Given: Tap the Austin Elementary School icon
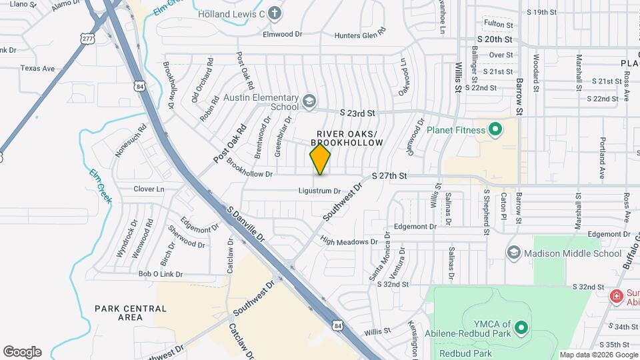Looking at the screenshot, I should pyautogui.click(x=309, y=101).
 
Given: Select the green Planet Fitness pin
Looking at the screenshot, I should pyautogui.click(x=495, y=129).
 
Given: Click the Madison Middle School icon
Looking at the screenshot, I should pyautogui.click(x=513, y=253).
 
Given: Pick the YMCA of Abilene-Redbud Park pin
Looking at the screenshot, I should pyautogui.click(x=521, y=327).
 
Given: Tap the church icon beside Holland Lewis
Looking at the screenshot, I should pyautogui.click(x=274, y=13).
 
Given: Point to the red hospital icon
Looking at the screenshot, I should pyautogui.click(x=617, y=295).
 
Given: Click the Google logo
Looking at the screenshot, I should pyautogui.click(x=22, y=352).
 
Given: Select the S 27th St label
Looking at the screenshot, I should pyautogui.click(x=389, y=176).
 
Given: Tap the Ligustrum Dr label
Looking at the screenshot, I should pyautogui.click(x=319, y=191).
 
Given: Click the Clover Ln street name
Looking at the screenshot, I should pyautogui.click(x=149, y=189).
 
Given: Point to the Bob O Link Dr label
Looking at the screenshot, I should pyautogui.click(x=160, y=274).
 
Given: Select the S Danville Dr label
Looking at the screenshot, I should pyautogui.click(x=246, y=223).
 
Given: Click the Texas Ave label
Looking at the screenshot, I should pyautogui.click(x=37, y=68).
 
